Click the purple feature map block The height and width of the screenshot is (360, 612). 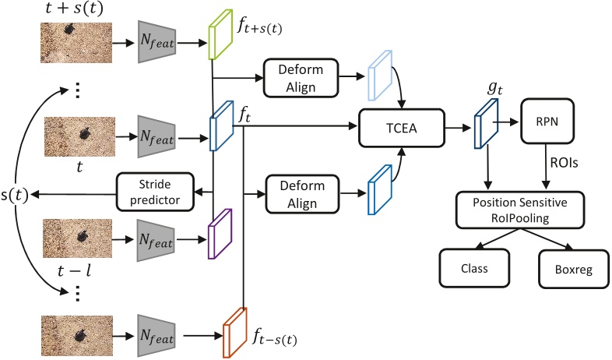coord(220,231)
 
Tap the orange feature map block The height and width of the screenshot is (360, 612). coord(234,332)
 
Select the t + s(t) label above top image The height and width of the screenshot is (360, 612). coord(76,9)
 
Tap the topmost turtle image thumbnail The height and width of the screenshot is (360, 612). coord(76,41)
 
